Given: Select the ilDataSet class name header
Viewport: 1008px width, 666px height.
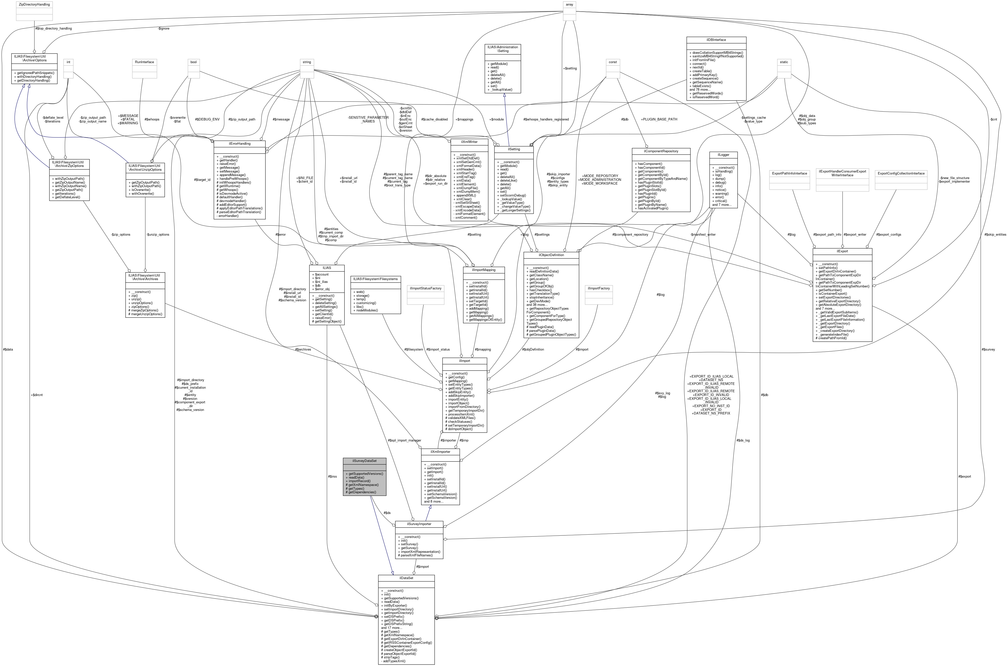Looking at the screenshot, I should tap(406, 578).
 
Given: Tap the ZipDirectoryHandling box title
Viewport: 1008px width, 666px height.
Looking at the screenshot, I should tap(34, 4).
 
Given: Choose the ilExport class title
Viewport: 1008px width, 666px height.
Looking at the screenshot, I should tap(842, 251).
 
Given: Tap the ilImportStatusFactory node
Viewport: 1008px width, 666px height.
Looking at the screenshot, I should tap(425, 288).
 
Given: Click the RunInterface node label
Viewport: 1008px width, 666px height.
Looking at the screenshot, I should tap(145, 62).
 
